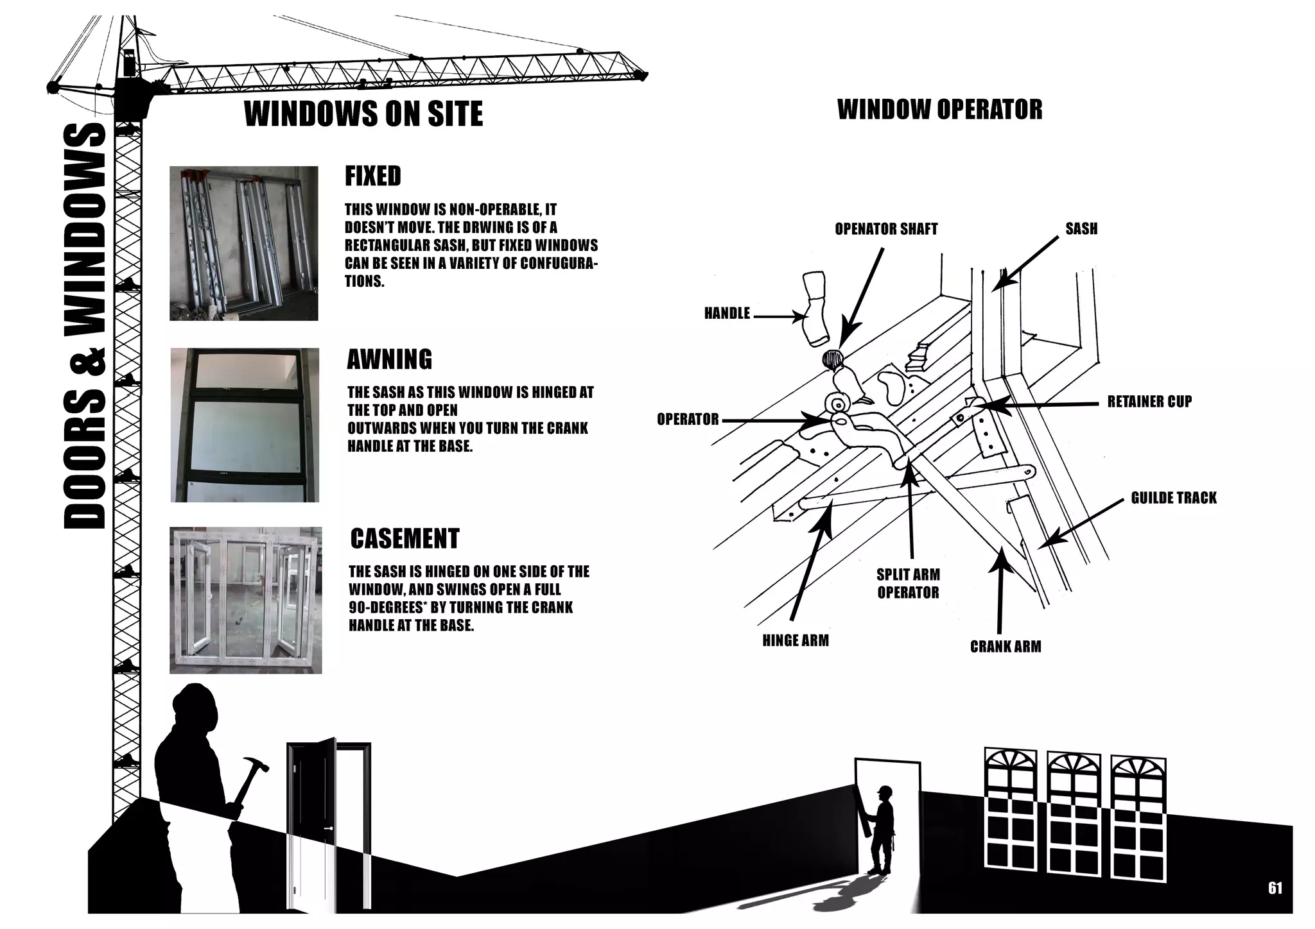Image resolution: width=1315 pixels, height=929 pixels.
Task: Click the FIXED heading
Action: [372, 176]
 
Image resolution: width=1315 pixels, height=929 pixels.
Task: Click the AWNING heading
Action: [389, 359]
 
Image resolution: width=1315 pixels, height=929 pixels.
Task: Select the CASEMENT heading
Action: [405, 539]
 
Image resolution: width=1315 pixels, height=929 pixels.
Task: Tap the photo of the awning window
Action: [245, 425]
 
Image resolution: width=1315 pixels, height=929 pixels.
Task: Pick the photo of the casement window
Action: [245, 600]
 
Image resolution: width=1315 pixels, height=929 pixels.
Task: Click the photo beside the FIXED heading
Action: [243, 243]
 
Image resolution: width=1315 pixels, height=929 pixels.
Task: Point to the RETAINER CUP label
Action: [1149, 402]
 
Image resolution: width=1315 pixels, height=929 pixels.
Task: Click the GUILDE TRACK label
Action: [1173, 499]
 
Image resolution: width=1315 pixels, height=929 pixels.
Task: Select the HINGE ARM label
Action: [795, 641]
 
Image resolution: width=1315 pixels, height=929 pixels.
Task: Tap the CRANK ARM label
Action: [1005, 647]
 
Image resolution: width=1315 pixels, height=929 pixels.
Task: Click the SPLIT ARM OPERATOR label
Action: [908, 584]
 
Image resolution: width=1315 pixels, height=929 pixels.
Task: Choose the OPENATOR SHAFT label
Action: [886, 229]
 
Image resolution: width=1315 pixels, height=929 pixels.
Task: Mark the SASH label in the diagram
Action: [1081, 229]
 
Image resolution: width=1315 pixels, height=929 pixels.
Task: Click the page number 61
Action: [1275, 888]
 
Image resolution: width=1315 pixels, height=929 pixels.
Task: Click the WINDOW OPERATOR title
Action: [939, 110]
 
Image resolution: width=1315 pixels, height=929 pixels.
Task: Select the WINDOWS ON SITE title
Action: [363, 114]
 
